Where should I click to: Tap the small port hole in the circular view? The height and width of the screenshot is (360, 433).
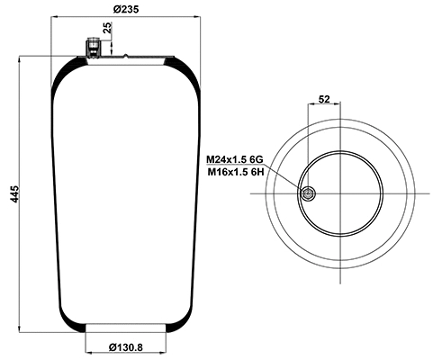(308, 194)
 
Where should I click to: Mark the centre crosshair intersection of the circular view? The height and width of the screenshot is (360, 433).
(341, 194)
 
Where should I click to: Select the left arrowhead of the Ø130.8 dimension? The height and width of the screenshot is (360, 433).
(87, 340)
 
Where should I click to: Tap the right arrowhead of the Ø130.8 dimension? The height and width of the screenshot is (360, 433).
(165, 340)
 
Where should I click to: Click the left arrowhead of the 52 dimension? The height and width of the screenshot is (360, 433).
(310, 105)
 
